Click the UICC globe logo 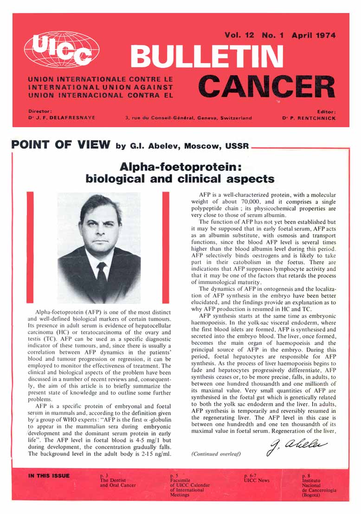(x=61, y=50)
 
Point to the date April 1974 (x=313, y=35)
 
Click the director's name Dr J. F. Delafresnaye (x=62, y=118)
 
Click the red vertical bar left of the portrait (x=31, y=246)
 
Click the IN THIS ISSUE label (x=49, y=475)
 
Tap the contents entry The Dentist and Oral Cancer (x=117, y=482)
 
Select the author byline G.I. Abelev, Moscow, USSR (x=182, y=146)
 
